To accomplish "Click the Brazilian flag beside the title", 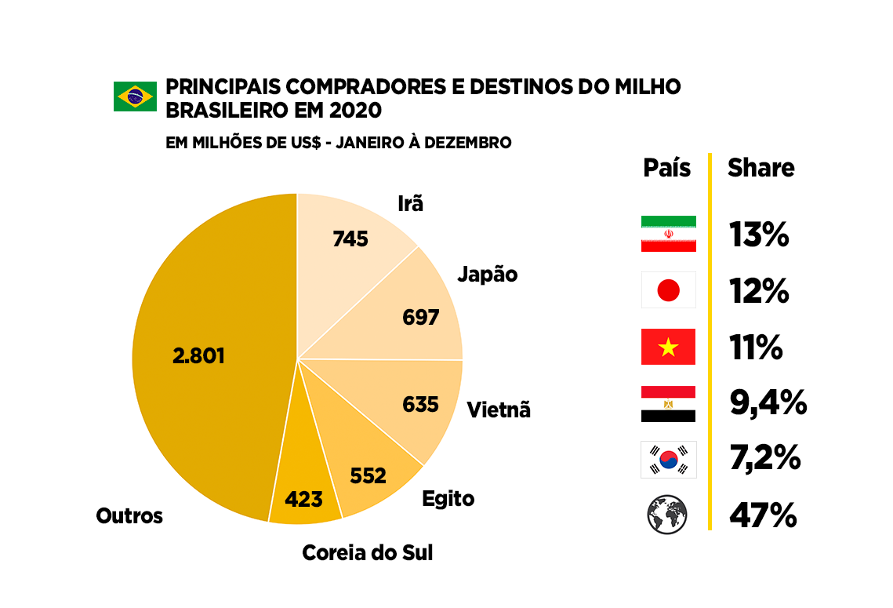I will [135, 96].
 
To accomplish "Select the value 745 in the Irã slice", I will [350, 238].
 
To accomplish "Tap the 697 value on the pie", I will [420, 318].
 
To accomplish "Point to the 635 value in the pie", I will [420, 404].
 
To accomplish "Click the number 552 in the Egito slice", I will [368, 475].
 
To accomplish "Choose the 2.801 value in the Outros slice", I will [198, 355].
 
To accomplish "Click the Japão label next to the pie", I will [487, 275].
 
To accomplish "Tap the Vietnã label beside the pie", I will [498, 410].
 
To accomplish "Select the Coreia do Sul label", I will [367, 553].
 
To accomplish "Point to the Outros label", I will [129, 516].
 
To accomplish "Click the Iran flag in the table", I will [668, 234].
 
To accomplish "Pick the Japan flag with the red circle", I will [668, 291].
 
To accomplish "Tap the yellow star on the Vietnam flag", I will [668, 347].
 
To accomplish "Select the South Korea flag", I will [668, 460].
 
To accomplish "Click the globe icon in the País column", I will [667, 515].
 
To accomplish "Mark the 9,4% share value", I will [768, 403].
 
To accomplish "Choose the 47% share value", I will [763, 515].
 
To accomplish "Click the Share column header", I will [761, 168].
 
